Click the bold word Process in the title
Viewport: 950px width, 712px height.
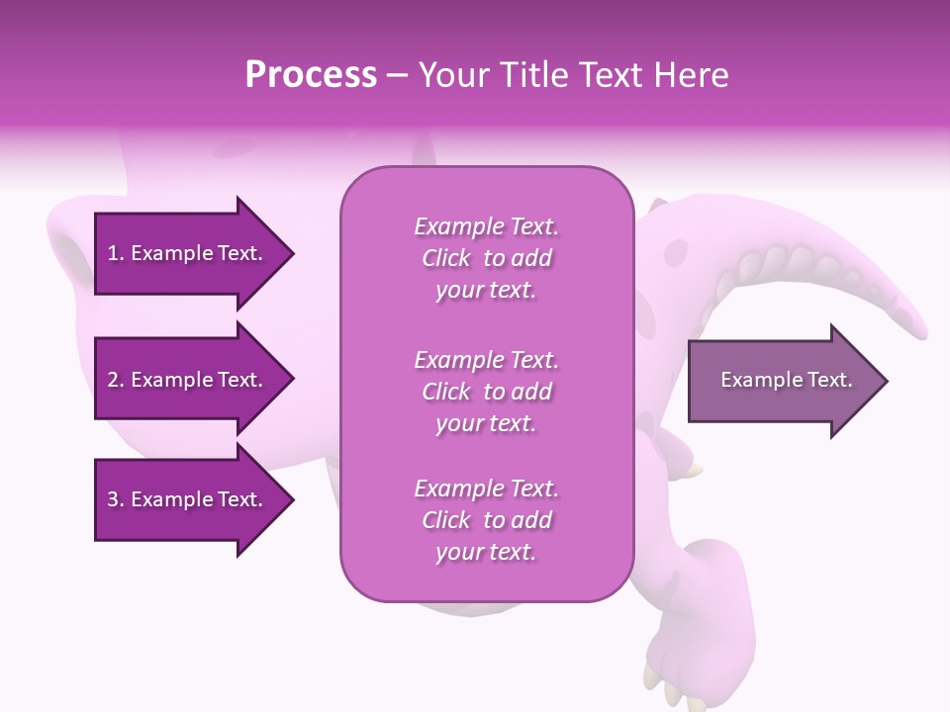(x=311, y=75)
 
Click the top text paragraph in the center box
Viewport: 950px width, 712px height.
(x=486, y=258)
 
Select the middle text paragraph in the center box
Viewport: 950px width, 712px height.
(x=486, y=391)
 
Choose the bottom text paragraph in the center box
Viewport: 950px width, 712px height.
(x=486, y=520)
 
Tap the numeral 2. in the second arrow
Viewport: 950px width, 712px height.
(x=116, y=380)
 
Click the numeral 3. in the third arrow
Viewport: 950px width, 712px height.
(x=116, y=499)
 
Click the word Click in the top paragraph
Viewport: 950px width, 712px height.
(x=446, y=258)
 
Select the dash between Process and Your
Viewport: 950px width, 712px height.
(x=398, y=76)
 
